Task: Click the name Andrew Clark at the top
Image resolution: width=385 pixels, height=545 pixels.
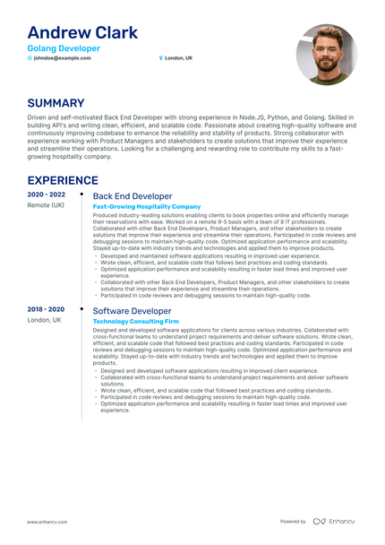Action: click(x=82, y=33)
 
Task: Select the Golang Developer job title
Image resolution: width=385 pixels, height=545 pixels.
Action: click(x=64, y=48)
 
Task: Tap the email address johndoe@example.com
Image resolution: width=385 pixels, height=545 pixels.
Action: click(x=63, y=58)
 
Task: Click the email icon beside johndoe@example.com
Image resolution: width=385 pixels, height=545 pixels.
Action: click(x=30, y=58)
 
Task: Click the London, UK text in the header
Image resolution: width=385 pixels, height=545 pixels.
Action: click(x=178, y=58)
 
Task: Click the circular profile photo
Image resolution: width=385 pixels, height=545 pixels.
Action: click(x=326, y=55)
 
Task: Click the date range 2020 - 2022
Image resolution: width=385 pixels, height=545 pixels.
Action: click(x=46, y=195)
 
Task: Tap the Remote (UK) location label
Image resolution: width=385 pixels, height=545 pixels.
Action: click(x=45, y=205)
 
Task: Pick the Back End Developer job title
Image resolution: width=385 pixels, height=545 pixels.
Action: click(x=133, y=195)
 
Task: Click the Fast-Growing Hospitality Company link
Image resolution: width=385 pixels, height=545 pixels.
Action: click(x=147, y=206)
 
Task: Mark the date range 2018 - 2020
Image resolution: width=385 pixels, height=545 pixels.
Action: click(x=46, y=309)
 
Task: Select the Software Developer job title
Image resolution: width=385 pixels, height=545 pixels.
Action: click(x=132, y=310)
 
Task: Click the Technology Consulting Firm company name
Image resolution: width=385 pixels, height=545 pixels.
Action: click(x=136, y=321)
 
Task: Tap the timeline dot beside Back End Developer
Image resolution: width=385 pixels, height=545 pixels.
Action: click(x=82, y=195)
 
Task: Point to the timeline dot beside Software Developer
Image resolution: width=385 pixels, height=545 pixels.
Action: click(x=82, y=309)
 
